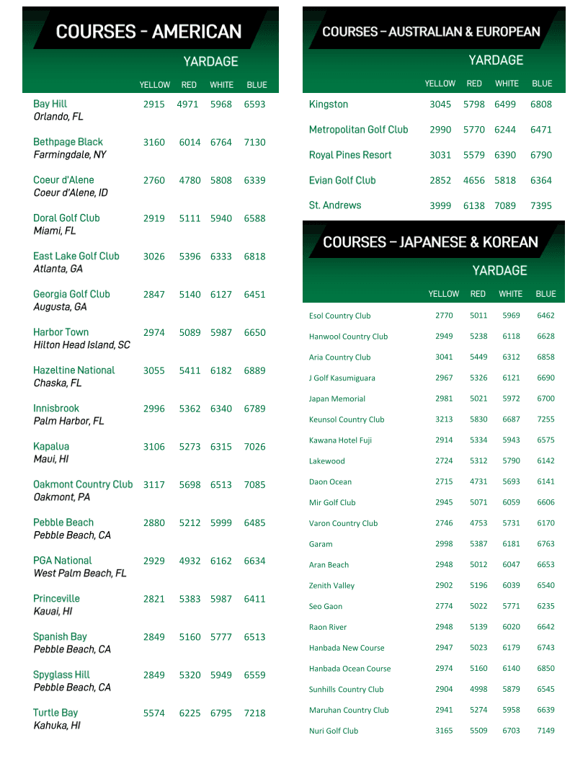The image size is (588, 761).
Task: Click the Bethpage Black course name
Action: [x=68, y=142]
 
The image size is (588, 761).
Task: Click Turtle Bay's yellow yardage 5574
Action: [x=153, y=713]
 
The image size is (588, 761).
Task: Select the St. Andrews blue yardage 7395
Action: [x=540, y=205]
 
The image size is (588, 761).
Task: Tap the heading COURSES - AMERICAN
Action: [x=148, y=32]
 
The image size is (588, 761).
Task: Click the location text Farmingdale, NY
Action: [x=70, y=155]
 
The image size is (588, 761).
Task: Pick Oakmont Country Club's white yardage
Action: [x=221, y=485]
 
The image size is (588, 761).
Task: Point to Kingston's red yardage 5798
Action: [x=474, y=104]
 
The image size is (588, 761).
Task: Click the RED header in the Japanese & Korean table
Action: [x=478, y=294]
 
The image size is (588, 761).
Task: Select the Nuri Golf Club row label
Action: [x=334, y=731]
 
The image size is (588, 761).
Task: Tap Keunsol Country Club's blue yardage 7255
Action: [x=545, y=419]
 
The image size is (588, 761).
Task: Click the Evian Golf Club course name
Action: [x=342, y=180]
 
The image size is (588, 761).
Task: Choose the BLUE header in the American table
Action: [x=257, y=85]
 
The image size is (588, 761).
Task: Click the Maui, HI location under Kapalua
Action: [x=51, y=459]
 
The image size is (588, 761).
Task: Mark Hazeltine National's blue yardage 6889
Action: [x=254, y=370]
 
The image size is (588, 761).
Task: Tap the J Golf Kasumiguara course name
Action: [x=342, y=378]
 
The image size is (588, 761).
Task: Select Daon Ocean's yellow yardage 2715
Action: [x=444, y=481]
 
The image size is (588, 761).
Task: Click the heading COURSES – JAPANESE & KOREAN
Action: [x=430, y=242]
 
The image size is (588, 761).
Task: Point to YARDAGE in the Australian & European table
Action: [x=496, y=60]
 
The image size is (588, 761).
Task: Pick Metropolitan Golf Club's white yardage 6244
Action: [x=505, y=130]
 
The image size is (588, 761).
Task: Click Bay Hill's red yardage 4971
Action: [x=187, y=104]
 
